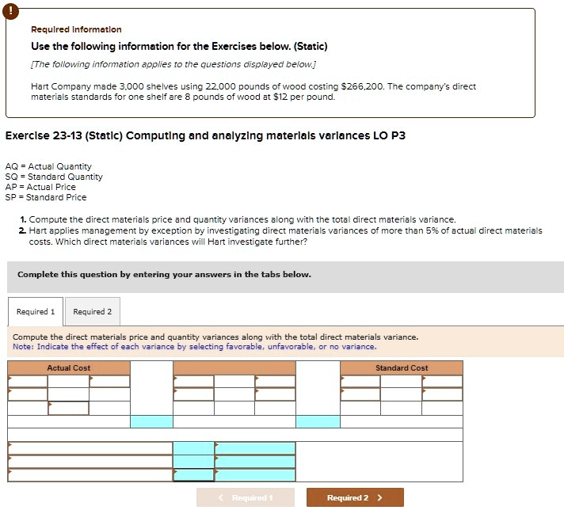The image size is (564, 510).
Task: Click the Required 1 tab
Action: pyautogui.click(x=36, y=311)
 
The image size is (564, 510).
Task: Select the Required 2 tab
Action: pyautogui.click(x=92, y=311)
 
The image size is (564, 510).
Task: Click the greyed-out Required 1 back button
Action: pyautogui.click(x=246, y=497)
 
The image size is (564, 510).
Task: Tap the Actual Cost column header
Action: pyautogui.click(x=69, y=368)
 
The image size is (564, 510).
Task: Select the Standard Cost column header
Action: pyautogui.click(x=402, y=368)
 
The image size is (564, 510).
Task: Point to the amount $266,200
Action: pyautogui.click(x=361, y=86)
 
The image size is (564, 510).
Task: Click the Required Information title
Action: pyautogui.click(x=76, y=29)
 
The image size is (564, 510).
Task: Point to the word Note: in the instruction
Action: pyautogui.click(x=22, y=347)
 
